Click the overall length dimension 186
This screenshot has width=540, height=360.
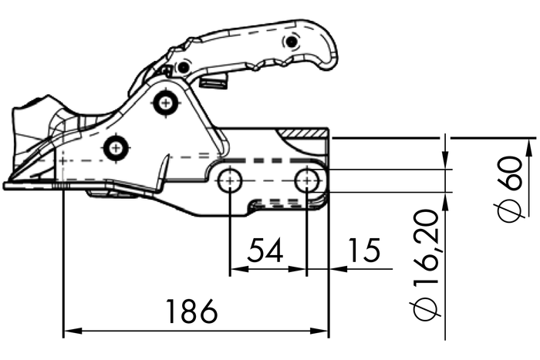[192, 313]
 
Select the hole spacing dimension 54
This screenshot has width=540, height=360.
[264, 251]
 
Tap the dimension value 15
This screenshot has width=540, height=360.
[363, 251]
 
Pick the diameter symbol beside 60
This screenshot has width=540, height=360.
[511, 210]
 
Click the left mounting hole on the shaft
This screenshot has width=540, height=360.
[230, 181]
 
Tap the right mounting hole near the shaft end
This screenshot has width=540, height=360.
[308, 181]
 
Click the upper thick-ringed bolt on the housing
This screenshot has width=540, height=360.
[164, 103]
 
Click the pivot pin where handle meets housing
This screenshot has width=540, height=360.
[183, 68]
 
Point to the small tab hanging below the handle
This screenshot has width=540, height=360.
[214, 80]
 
